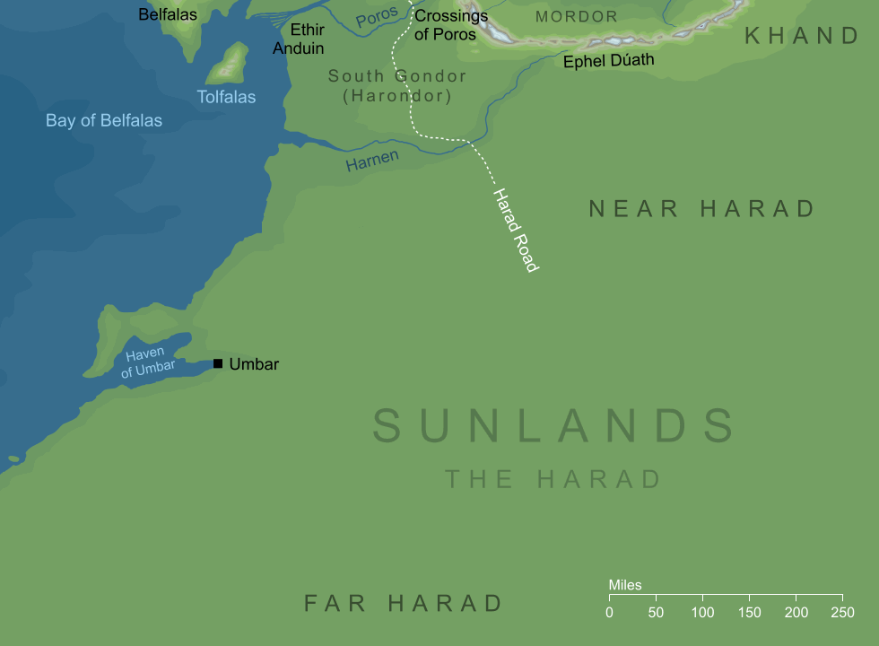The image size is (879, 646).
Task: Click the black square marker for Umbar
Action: (x=218, y=363)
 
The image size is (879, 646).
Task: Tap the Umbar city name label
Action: (x=254, y=364)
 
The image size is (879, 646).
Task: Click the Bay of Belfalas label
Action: (x=104, y=120)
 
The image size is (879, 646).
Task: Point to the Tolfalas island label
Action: (x=227, y=97)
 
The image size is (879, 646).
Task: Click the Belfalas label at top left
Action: (x=168, y=14)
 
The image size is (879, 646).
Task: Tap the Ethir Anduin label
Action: (x=298, y=39)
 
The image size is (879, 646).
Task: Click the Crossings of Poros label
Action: (x=450, y=25)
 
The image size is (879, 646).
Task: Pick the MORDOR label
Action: (x=576, y=17)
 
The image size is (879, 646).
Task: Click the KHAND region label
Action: (x=802, y=36)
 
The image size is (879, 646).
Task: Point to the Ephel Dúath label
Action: (x=608, y=61)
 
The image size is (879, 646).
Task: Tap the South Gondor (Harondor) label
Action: (x=396, y=86)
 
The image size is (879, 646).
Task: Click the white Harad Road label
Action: (x=515, y=230)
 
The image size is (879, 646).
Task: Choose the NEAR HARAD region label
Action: (x=701, y=209)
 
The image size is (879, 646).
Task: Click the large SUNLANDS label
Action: (x=553, y=425)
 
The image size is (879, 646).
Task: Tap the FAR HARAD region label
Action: (x=404, y=603)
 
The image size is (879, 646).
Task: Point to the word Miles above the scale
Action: (x=625, y=585)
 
